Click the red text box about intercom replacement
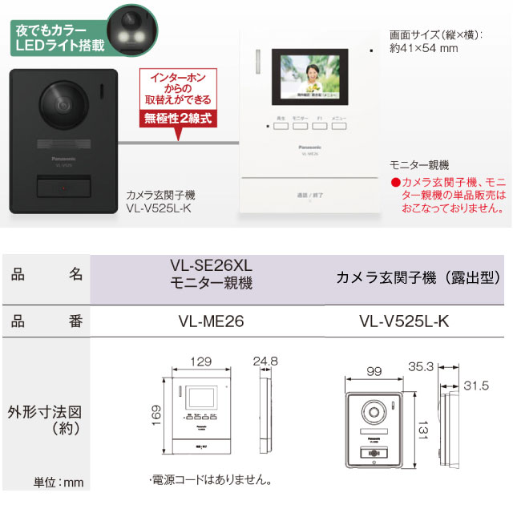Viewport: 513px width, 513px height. coord(176,89)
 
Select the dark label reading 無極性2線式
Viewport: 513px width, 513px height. coord(176,119)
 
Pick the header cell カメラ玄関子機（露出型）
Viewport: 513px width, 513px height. coord(418,277)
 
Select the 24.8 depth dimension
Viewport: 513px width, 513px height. coord(264,361)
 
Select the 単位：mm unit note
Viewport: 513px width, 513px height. coord(59,483)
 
